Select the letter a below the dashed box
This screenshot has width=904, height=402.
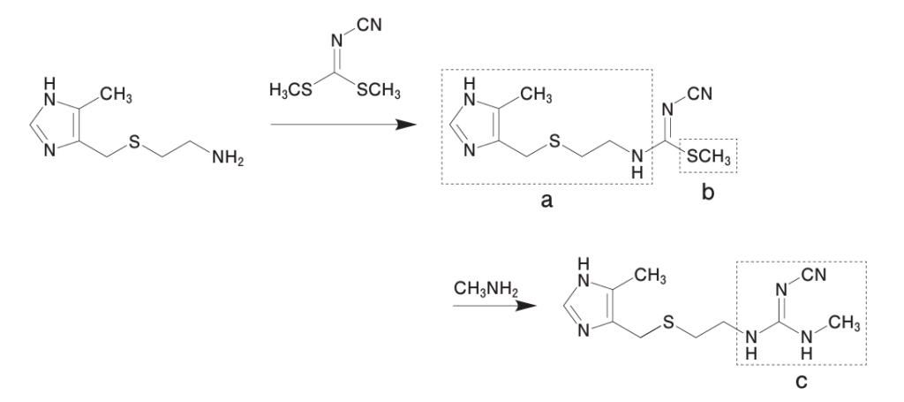(546, 201)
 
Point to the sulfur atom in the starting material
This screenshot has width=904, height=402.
(133, 143)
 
